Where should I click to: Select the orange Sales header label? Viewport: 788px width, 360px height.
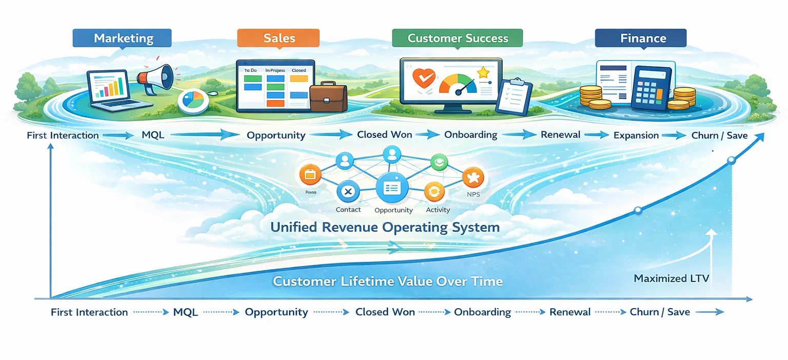278,38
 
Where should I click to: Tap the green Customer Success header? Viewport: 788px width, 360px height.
457,38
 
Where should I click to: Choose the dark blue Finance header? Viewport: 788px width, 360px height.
640,38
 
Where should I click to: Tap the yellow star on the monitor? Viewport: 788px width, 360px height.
483,73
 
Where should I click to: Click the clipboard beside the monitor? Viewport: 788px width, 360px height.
514,96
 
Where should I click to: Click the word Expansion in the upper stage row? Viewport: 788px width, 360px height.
636,135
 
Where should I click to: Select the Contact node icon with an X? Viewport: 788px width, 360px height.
348,192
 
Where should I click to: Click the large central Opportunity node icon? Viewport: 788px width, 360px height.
392,188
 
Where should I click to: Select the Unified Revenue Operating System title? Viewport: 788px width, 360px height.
385,227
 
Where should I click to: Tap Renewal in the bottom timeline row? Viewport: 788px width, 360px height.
570,312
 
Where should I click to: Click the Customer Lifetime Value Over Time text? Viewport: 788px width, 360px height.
388,281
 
